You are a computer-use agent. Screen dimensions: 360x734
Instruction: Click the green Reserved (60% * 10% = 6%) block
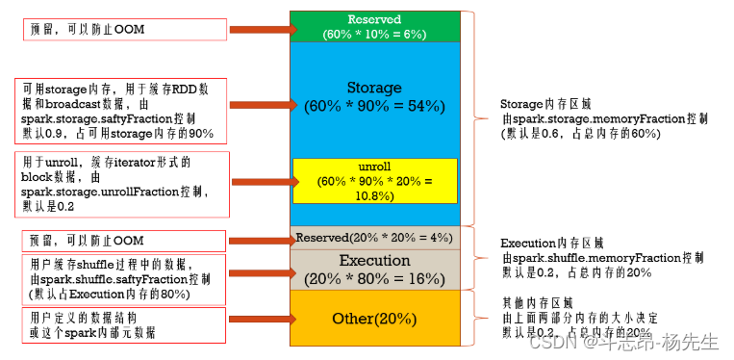point(375,26)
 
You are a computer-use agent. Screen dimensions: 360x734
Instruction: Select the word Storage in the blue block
point(375,88)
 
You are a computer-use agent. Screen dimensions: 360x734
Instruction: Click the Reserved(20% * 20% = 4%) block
point(375,237)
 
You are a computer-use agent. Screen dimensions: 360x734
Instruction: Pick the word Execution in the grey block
point(375,261)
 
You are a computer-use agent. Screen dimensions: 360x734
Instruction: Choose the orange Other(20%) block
point(375,318)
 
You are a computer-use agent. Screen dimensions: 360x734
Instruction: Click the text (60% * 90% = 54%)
point(375,107)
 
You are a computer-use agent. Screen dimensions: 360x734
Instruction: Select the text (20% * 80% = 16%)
point(375,278)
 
